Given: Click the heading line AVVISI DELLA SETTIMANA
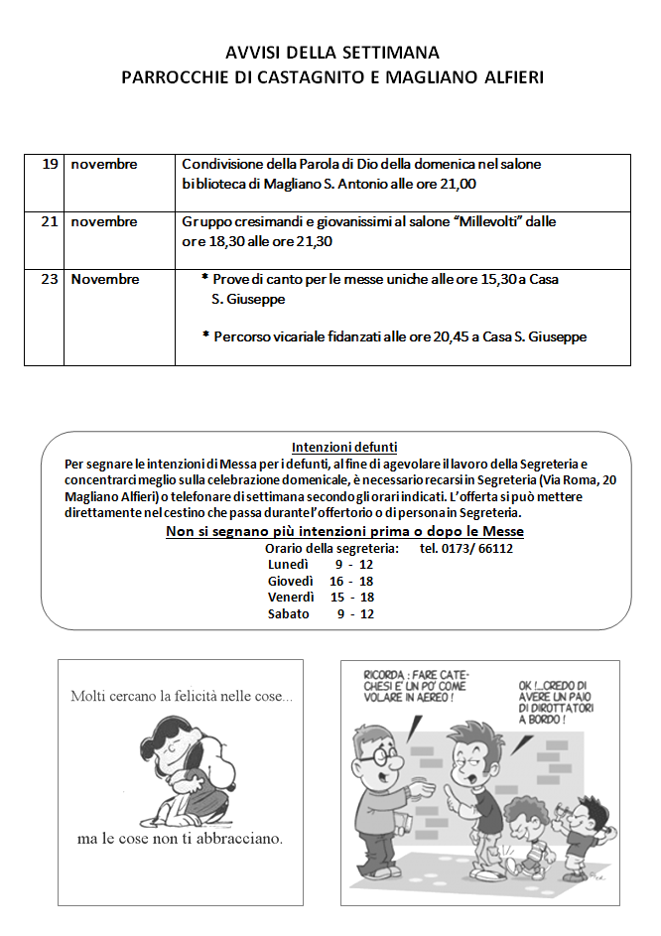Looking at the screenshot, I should click(x=331, y=53).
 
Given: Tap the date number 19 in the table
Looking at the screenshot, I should click(x=50, y=164).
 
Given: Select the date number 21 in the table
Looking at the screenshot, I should click(x=50, y=221).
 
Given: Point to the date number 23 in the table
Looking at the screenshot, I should click(x=50, y=279).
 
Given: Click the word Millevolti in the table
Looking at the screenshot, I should click(x=488, y=221).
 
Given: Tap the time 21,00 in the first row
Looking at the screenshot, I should click(x=456, y=184).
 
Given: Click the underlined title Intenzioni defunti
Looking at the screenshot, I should click(x=344, y=447).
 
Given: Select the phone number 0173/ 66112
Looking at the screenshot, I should click(x=465, y=548).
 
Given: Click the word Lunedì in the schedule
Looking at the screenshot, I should click(x=288, y=564).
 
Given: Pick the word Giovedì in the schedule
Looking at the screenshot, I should click(x=291, y=581).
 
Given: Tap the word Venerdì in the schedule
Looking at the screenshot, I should click(x=291, y=597).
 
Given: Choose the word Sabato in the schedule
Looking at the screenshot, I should click(x=288, y=613).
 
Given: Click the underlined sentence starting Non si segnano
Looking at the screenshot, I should click(x=344, y=532).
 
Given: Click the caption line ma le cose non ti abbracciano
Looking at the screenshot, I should click(x=180, y=839).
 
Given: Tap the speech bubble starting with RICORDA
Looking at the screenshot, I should click(x=416, y=685).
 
